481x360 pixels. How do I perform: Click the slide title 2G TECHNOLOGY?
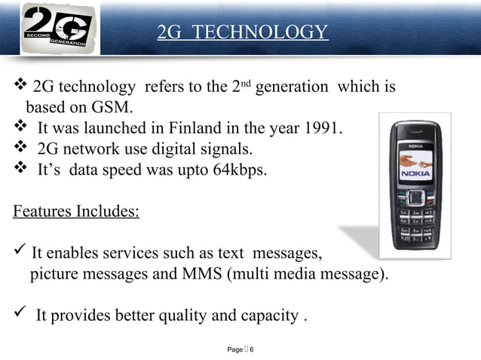[x=243, y=32]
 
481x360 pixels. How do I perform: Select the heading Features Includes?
[x=76, y=210]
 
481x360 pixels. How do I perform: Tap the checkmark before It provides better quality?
[x=20, y=314]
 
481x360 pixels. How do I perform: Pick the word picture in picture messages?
[x=53, y=273]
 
